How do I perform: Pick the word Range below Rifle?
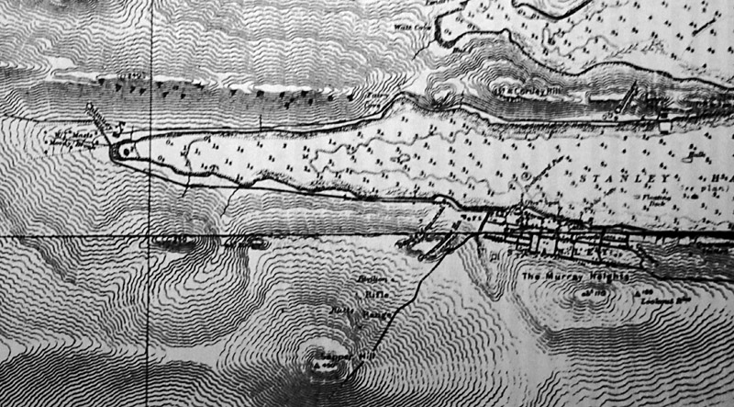click(x=381, y=312)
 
